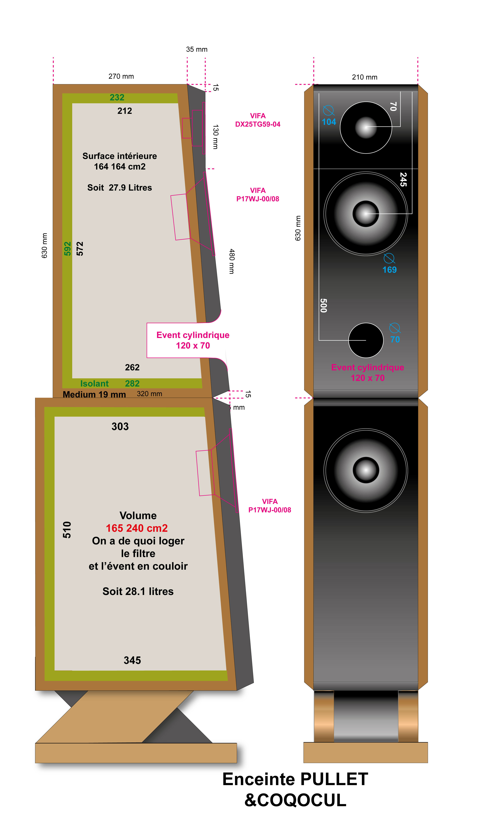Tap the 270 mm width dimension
[x=121, y=76]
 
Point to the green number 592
[x=67, y=249]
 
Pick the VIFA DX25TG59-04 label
[x=258, y=120]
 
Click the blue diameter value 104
[x=329, y=122]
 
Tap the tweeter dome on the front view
[x=366, y=127]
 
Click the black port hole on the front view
[x=366, y=340]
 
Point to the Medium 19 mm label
[x=94, y=395]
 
